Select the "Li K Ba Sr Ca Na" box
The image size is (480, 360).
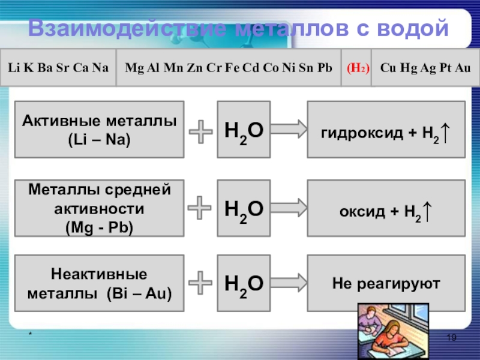click(x=58, y=68)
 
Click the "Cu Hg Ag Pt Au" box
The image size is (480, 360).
click(x=426, y=68)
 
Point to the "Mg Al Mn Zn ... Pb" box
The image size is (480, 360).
click(x=228, y=68)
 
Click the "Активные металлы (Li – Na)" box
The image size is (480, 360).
click(x=100, y=130)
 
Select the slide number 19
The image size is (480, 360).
click(x=452, y=340)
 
